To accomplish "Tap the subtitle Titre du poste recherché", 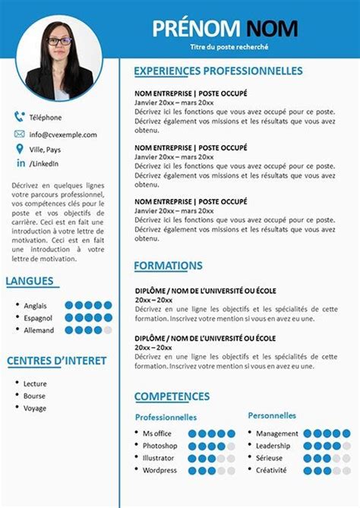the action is point(229,47).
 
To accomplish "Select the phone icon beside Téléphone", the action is point(19,117).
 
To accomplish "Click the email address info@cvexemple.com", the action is point(63,134).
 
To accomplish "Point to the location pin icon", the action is point(19,150).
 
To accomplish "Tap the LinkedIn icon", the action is point(19,163).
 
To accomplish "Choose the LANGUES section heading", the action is point(30,282).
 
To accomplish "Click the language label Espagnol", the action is point(39,317).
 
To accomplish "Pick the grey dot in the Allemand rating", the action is point(108,330).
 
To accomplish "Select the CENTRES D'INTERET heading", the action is point(56,361).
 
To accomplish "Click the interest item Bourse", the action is point(34,396).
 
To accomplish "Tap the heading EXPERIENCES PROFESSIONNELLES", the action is point(218,71).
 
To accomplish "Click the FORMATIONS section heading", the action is point(168,266).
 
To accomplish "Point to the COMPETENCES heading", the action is point(172,396).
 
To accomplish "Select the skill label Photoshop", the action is point(159,446).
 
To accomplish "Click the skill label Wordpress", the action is point(159,471).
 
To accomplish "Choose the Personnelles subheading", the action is point(272,415).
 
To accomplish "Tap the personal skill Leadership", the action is point(273,446).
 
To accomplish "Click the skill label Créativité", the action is point(271,470).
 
